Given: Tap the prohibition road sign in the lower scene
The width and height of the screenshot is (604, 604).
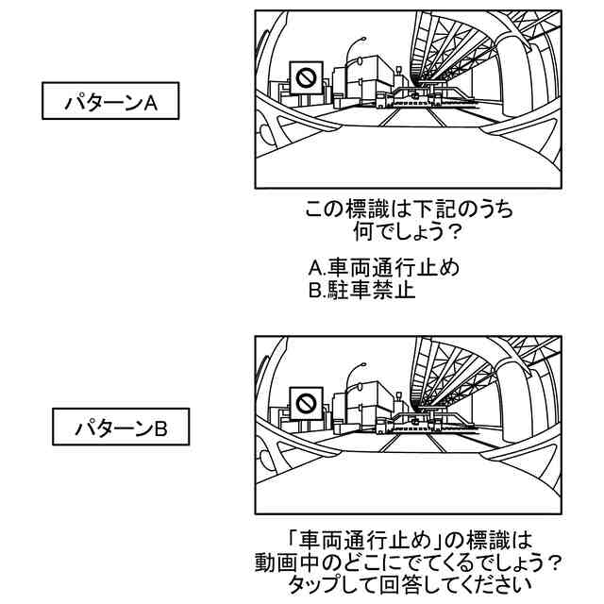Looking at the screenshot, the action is click(x=305, y=403).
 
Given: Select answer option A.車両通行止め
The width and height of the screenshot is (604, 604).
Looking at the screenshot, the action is click(x=384, y=268).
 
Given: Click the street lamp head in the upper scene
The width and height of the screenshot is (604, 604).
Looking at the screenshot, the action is click(x=360, y=40).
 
